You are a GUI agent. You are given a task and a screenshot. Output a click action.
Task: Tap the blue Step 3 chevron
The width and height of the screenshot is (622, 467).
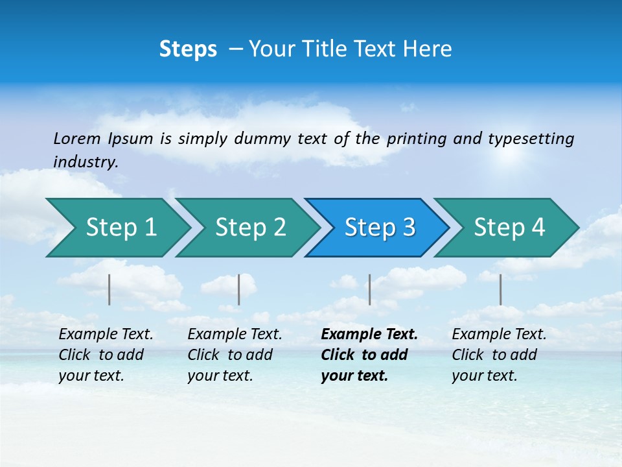[x=380, y=228]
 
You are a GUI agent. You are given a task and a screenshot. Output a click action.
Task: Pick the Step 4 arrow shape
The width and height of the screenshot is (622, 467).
[x=509, y=228]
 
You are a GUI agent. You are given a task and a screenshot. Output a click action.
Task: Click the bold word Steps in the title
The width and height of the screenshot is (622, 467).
[x=188, y=49]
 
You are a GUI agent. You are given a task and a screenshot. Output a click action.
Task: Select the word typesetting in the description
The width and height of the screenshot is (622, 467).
[x=531, y=138]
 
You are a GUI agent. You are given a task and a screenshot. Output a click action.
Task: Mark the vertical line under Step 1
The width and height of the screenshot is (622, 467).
[x=109, y=289]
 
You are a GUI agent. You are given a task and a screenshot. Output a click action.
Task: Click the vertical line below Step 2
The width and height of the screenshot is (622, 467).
[x=239, y=289]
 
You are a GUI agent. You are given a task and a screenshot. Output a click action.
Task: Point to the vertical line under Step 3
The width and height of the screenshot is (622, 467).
[x=370, y=289]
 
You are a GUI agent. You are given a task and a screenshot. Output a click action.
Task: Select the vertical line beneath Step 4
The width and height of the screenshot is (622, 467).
[x=501, y=289]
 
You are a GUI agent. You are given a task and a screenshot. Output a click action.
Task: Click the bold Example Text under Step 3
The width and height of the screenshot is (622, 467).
[x=369, y=335]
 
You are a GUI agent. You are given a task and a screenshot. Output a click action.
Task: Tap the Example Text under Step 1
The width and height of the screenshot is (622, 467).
[x=106, y=335]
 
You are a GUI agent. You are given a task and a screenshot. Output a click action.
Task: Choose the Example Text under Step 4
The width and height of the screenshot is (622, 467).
[x=499, y=335]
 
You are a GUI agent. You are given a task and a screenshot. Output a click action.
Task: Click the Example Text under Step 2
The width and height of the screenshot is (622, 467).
[x=235, y=335]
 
